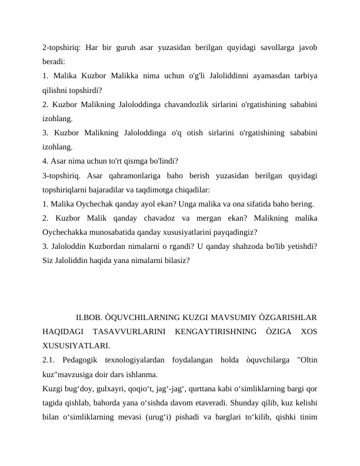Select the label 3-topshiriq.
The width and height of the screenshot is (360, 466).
pyautogui.click(x=61, y=175)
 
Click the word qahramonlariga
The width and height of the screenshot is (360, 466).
pyautogui.click(x=141, y=175)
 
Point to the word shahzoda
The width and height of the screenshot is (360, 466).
pyautogui.click(x=252, y=245)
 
